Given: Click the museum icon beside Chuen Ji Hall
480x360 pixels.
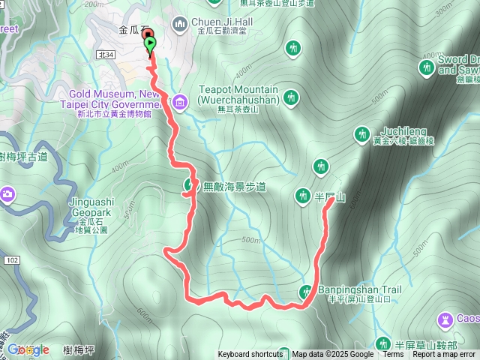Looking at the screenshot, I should click(180, 25).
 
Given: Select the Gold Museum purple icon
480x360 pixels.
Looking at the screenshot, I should click(180, 101).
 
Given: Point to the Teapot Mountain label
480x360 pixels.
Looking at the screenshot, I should click(238, 94).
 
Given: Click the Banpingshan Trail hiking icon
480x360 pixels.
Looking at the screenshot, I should click(306, 292).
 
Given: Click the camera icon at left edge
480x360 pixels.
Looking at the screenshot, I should click(6, 195).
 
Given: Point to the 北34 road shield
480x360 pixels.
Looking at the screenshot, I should click(104, 55).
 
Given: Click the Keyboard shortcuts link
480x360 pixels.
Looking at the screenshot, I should click(250, 355).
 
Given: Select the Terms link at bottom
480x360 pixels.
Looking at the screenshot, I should click(393, 355).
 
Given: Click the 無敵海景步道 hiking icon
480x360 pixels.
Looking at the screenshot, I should click(189, 185).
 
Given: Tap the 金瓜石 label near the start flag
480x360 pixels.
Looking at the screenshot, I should click(129, 32).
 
